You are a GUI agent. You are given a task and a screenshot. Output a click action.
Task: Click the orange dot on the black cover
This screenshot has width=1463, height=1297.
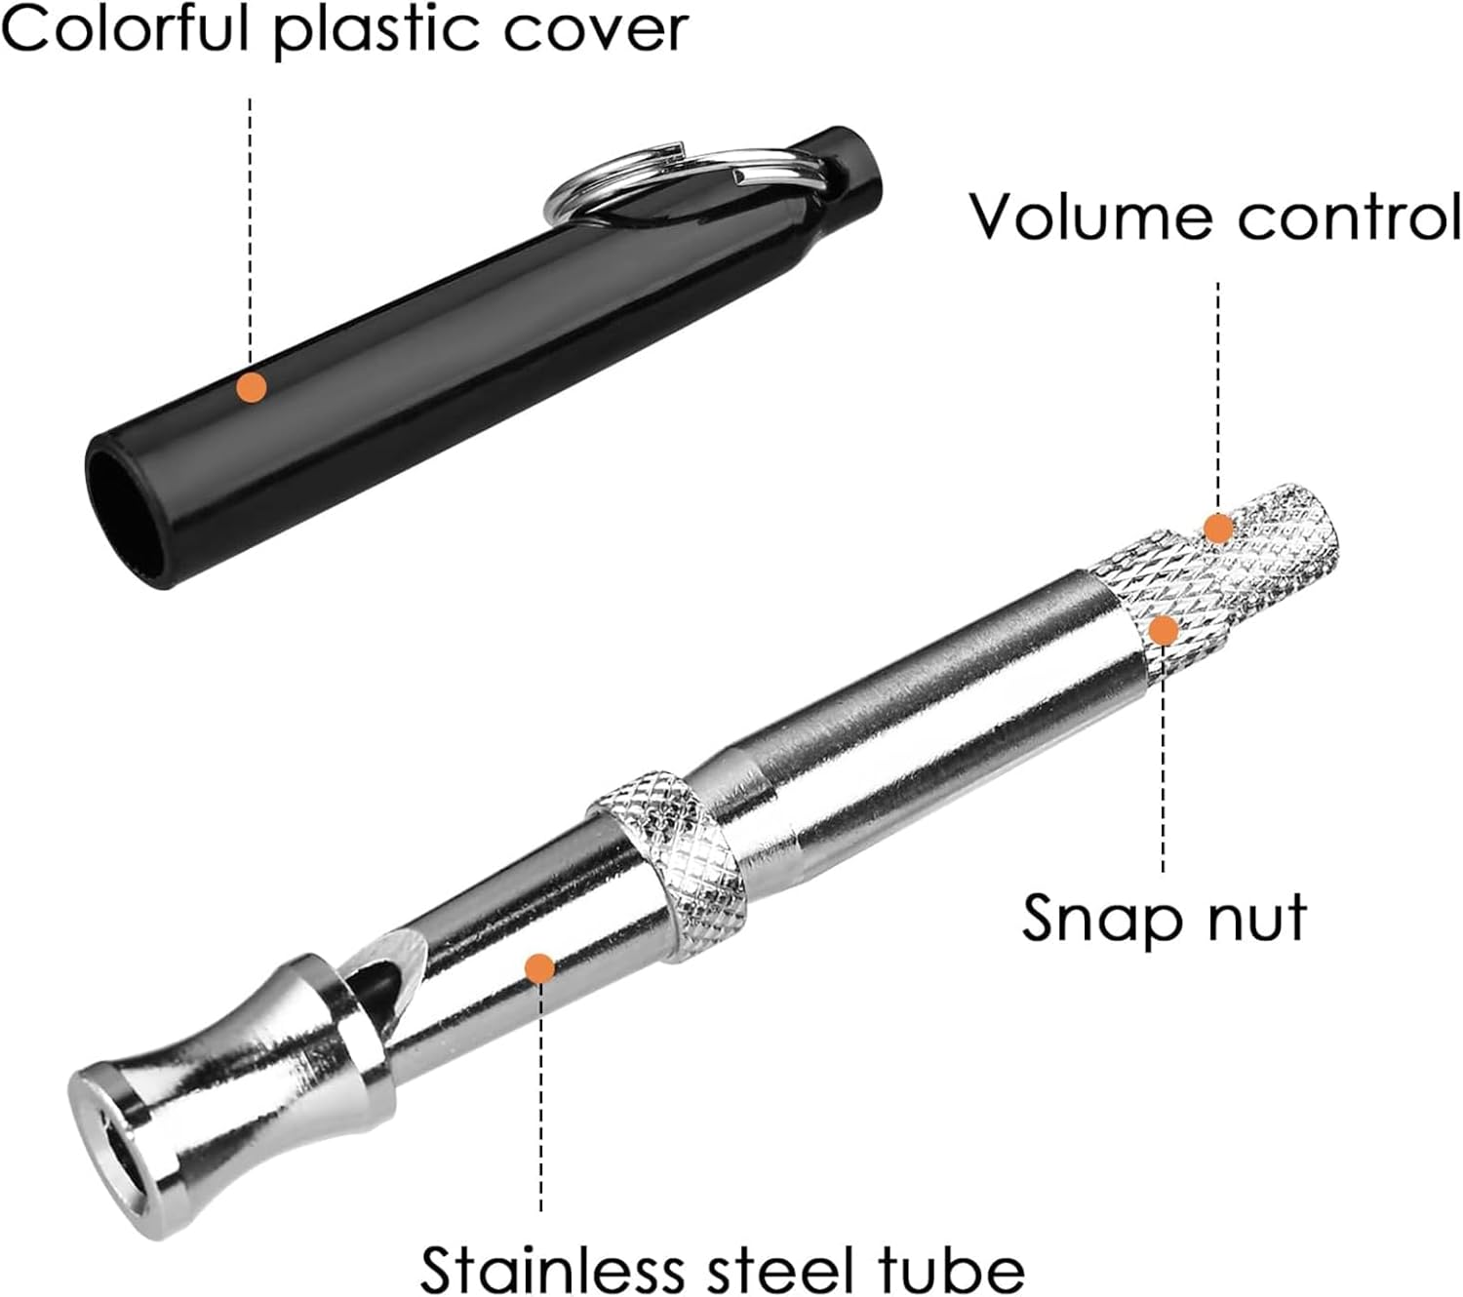[x=252, y=387]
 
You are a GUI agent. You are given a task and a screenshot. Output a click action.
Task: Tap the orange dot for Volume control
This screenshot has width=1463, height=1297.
[x=1217, y=528]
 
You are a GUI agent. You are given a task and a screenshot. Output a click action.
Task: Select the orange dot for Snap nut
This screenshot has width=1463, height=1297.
[x=1163, y=630]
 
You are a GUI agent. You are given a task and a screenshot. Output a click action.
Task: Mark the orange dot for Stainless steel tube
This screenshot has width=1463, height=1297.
[x=539, y=967]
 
